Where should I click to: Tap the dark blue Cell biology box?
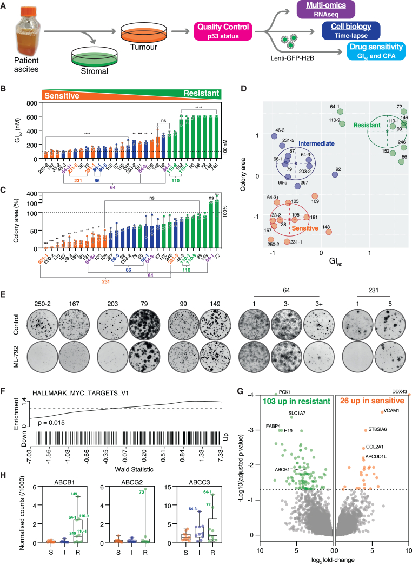tap(349, 30)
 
